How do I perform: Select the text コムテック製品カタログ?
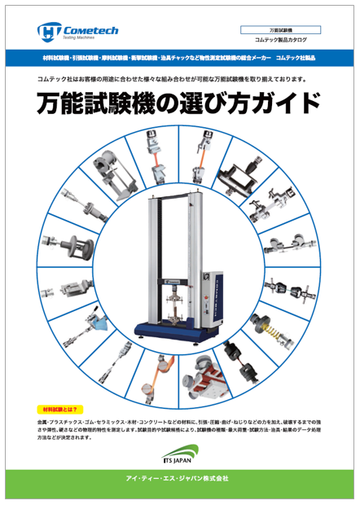point(282,40)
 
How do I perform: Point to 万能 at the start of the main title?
point(60,106)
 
